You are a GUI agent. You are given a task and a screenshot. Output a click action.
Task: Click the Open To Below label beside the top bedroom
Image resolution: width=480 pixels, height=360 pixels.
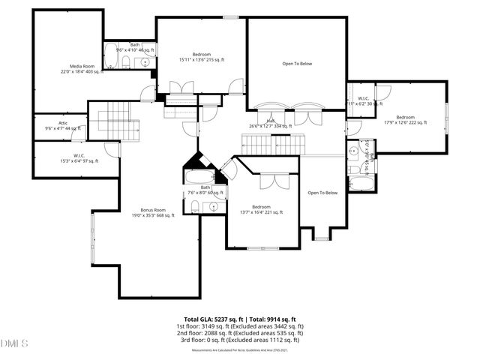(297, 64)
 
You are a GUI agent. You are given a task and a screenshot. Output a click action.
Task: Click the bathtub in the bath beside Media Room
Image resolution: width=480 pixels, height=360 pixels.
(111, 55)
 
